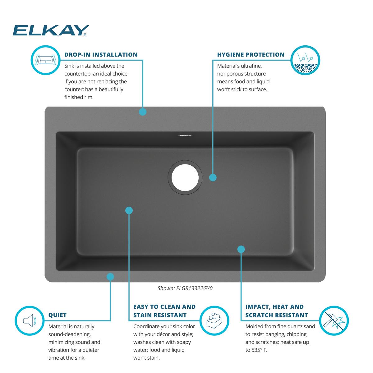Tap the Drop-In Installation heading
101,55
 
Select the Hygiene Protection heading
251,55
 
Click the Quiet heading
58,315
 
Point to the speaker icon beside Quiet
30,320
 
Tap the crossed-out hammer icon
334,321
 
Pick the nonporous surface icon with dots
305,60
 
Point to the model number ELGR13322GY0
194,288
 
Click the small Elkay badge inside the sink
185,135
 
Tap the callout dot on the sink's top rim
143,112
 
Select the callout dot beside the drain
213,177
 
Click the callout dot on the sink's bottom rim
110,277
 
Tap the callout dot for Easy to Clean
129,210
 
